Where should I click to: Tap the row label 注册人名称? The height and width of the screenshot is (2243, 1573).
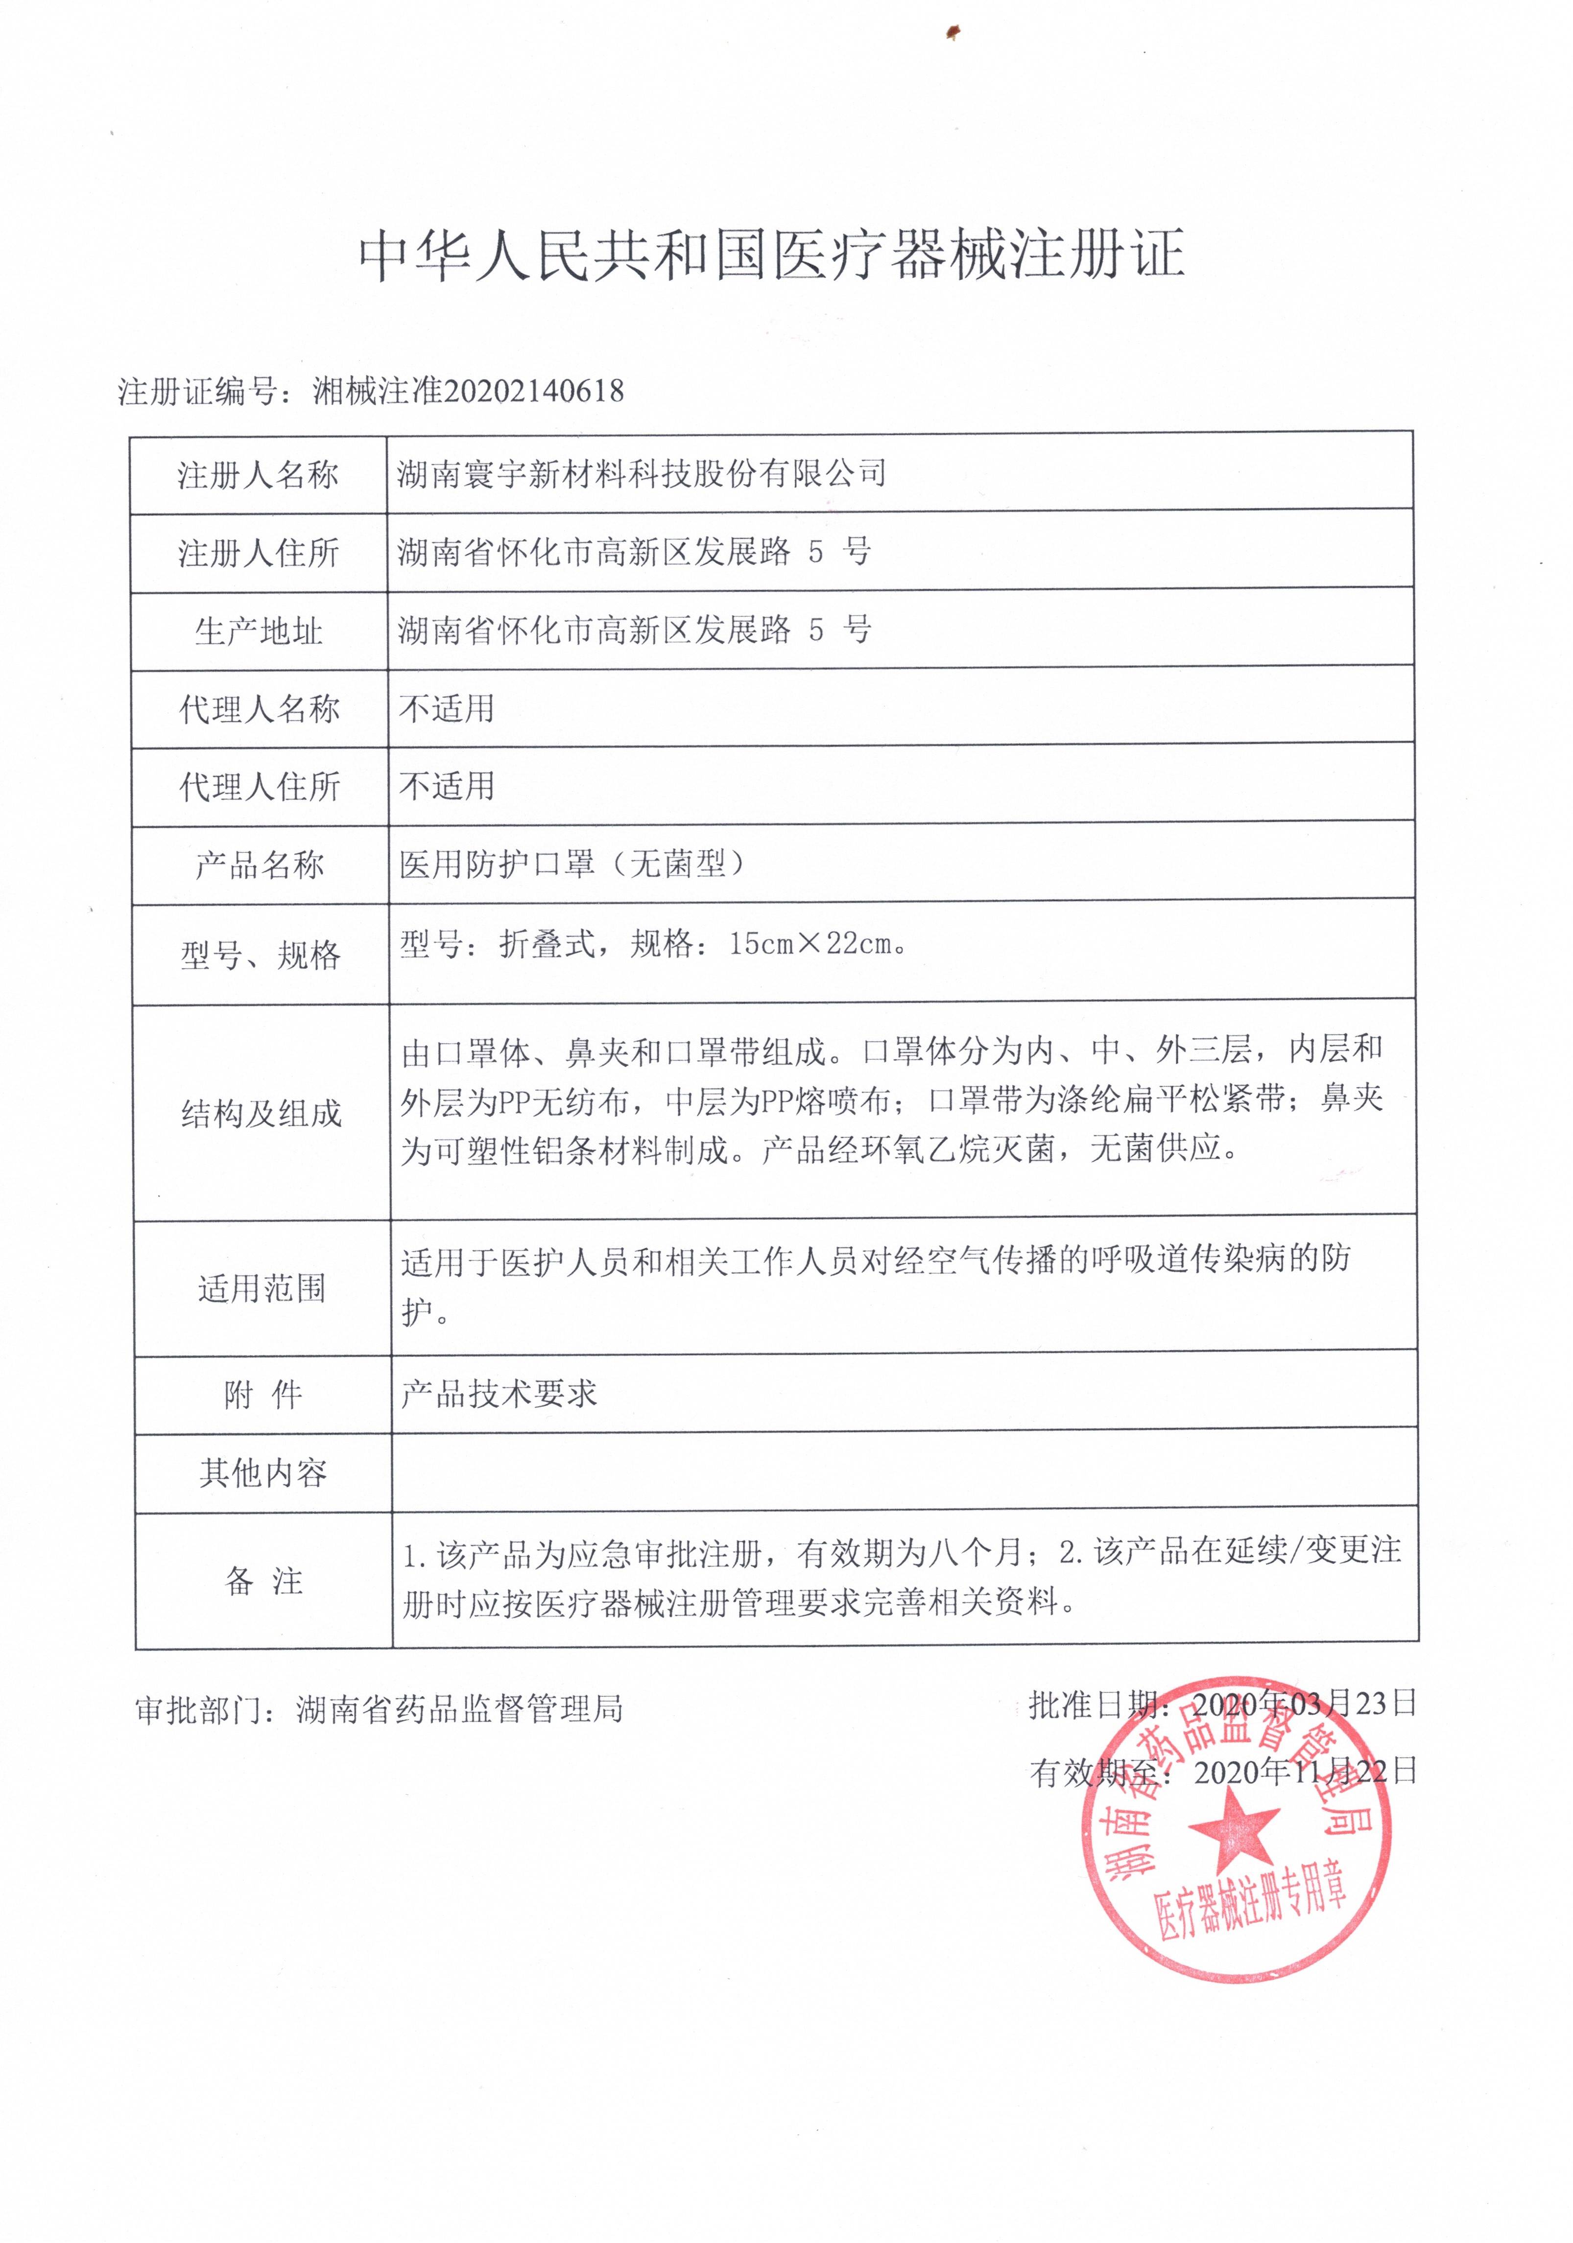[258, 476]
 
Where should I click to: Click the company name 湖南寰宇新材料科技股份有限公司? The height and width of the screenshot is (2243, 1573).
[641, 474]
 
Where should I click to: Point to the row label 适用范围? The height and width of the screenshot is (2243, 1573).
[261, 1288]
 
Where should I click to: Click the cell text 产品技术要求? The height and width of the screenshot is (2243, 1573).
[498, 1394]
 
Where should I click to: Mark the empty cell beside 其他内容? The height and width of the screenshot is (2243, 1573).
[904, 1472]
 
